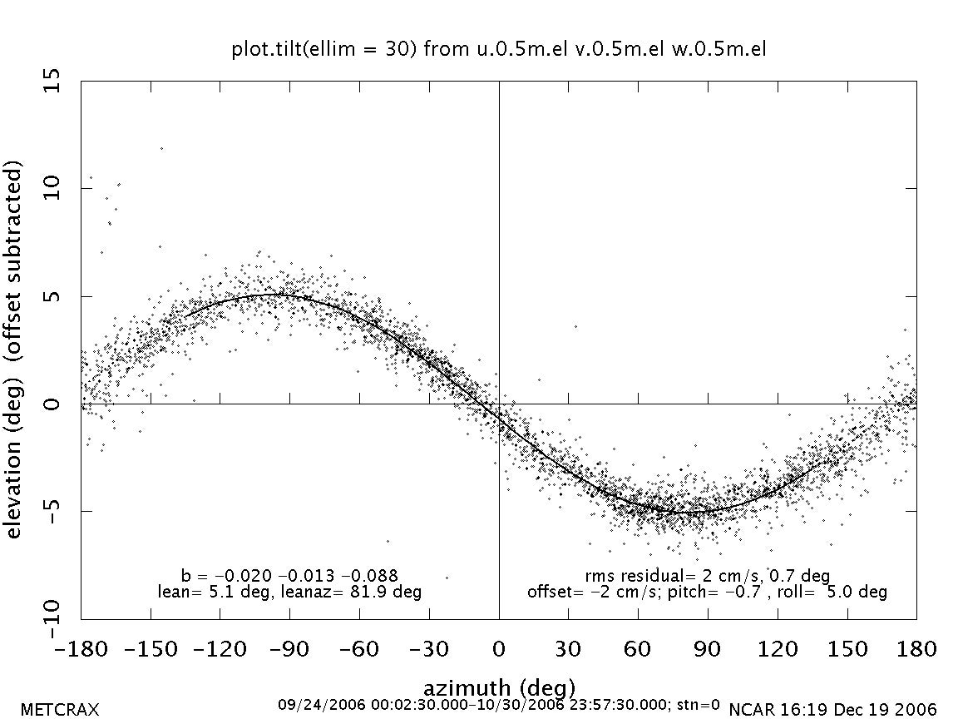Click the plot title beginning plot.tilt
(x=499, y=49)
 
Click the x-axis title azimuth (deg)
(x=499, y=688)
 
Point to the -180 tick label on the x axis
(x=81, y=649)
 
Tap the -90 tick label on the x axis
(x=289, y=649)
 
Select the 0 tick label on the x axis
(x=499, y=649)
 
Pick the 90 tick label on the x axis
(x=708, y=649)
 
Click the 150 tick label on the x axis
(x=847, y=649)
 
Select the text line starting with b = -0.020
(x=289, y=575)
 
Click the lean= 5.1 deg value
(x=207, y=592)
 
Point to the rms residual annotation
(x=707, y=575)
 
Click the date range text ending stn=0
(x=499, y=704)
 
